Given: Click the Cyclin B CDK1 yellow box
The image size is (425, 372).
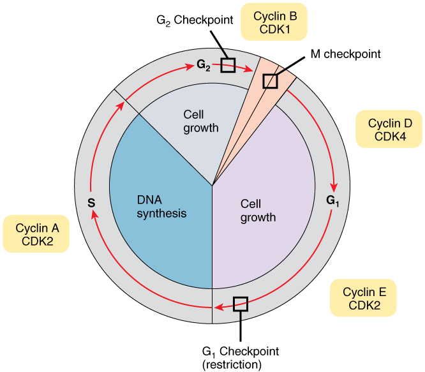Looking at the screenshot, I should [x=274, y=22].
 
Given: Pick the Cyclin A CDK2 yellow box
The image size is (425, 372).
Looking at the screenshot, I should [x=37, y=234].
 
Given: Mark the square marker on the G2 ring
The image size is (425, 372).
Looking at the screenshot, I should [x=228, y=64].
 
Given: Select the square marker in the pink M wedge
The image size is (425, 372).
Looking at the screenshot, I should [x=271, y=81].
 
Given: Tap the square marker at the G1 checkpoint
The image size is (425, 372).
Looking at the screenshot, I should [x=240, y=304].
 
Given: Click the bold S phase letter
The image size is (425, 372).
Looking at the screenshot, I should [x=91, y=204].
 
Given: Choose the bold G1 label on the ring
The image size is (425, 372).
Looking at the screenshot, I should [x=332, y=200].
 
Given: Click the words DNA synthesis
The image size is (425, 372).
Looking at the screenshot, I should [x=161, y=207].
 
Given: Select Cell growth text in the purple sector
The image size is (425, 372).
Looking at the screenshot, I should [x=258, y=211].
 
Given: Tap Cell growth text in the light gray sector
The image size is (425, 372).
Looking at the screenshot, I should [x=201, y=121].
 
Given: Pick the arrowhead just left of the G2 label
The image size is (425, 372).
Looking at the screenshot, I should [x=190, y=65].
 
